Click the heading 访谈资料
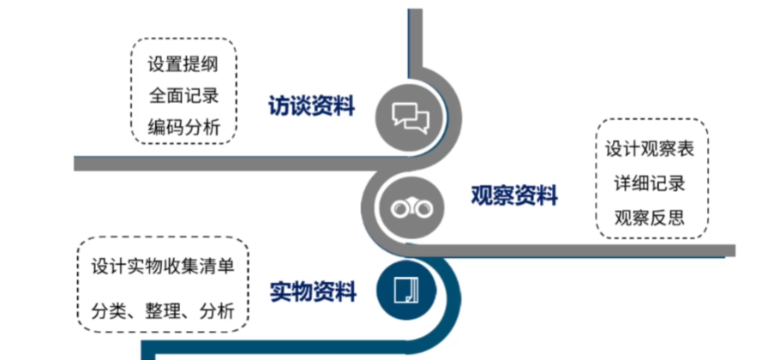(x=312, y=106)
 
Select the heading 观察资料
(x=514, y=196)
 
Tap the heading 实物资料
(x=313, y=291)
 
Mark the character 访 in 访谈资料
(x=279, y=106)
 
